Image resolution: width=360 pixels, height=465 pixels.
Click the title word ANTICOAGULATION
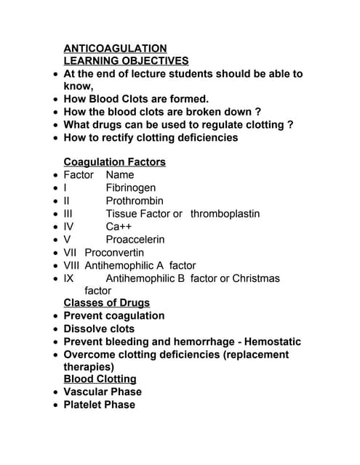click(x=115, y=48)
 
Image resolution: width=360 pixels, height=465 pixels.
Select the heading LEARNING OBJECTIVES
click(x=126, y=61)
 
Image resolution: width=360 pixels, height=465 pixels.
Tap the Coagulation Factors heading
click(x=114, y=161)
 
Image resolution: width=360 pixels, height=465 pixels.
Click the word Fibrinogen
click(x=130, y=187)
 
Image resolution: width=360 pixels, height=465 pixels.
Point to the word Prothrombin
click(x=135, y=201)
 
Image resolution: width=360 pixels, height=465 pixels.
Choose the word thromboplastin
click(x=225, y=214)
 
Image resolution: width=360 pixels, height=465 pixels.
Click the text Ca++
click(x=119, y=226)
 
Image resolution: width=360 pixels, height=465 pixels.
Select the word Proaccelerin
click(x=135, y=239)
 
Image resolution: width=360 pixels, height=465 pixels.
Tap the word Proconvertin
click(x=114, y=252)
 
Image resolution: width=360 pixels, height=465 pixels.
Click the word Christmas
click(x=255, y=278)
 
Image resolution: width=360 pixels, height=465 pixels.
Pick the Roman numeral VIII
click(x=71, y=265)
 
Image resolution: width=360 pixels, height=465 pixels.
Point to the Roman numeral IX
click(x=68, y=278)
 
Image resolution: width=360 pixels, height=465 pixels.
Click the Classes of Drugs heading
click(x=106, y=302)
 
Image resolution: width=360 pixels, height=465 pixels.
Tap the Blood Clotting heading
click(x=100, y=379)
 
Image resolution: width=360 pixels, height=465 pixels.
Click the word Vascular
click(x=85, y=392)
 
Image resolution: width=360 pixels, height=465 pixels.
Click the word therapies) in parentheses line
click(x=89, y=367)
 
